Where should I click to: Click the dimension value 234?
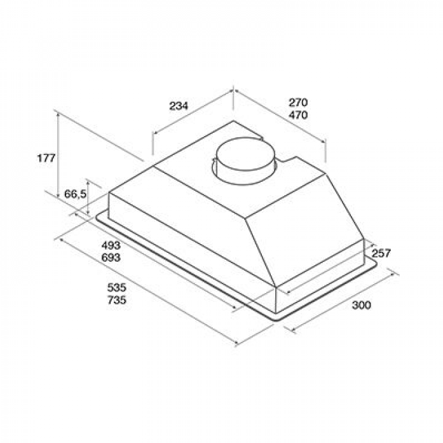[179, 106]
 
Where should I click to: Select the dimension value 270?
[298, 102]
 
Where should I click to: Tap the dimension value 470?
[298, 115]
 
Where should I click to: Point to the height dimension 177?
[46, 158]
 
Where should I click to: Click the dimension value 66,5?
[75, 194]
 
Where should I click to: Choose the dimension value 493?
[111, 245]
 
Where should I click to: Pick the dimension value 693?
[111, 257]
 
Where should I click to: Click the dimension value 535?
[117, 288]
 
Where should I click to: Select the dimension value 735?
[117, 300]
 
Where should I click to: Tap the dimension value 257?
[381, 253]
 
